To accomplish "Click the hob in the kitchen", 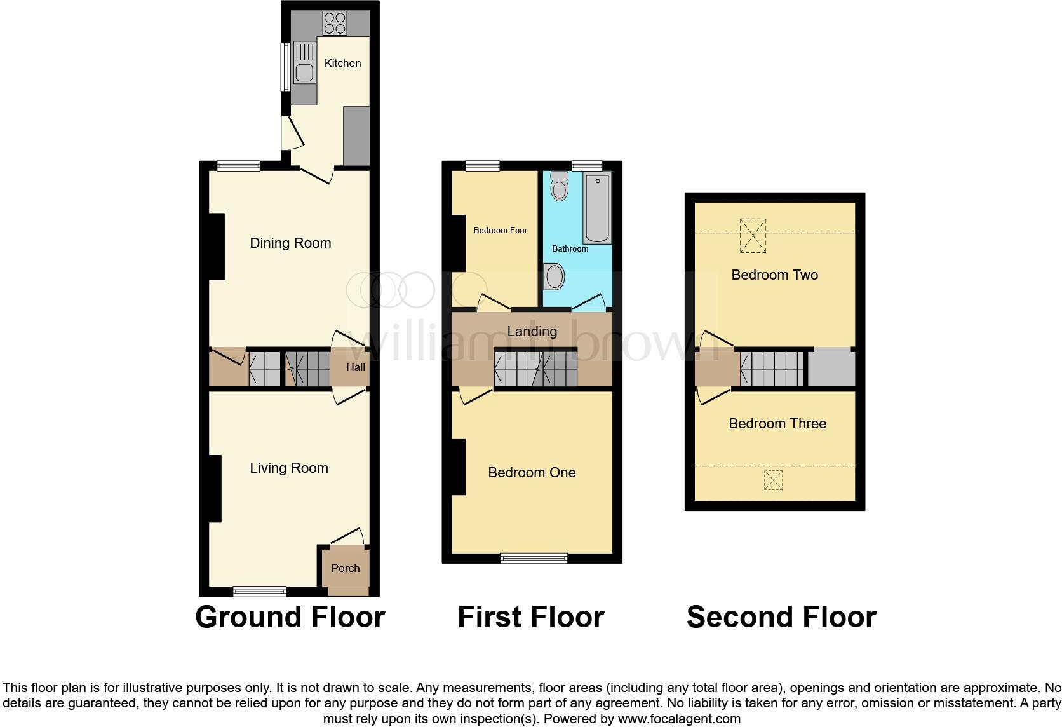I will pyautogui.click(x=335, y=24).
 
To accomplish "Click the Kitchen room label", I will pyautogui.click(x=342, y=63).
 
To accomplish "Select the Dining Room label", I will pyautogui.click(x=290, y=243).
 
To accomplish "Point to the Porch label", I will pyautogui.click(x=346, y=568).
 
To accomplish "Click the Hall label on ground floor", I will pyautogui.click(x=355, y=367).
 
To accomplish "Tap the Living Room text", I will pyautogui.click(x=289, y=468).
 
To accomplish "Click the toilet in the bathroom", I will pyautogui.click(x=560, y=185).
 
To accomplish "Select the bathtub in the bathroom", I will pyautogui.click(x=597, y=208).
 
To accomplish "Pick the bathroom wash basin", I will pyautogui.click(x=555, y=277).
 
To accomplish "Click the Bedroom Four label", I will pyautogui.click(x=500, y=230).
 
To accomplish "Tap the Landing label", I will pyautogui.click(x=532, y=331).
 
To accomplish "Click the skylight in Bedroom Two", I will pyautogui.click(x=753, y=235).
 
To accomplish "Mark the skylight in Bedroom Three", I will pyautogui.click(x=773, y=480).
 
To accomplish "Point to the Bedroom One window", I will pyautogui.click(x=534, y=558).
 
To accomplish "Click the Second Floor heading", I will pyautogui.click(x=781, y=617).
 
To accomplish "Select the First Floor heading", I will pyautogui.click(x=530, y=617).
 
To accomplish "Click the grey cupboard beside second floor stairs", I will pyautogui.click(x=831, y=367).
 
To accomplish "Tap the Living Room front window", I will pyautogui.click(x=259, y=592).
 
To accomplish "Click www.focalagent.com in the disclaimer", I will pyautogui.click(x=679, y=719).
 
